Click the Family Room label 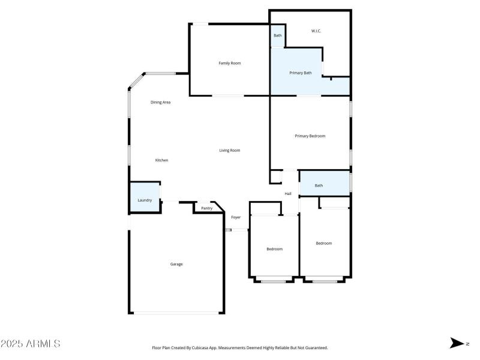[x=229, y=63]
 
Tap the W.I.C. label [x=316, y=31]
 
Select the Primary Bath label [x=301, y=73]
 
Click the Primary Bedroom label [x=310, y=136]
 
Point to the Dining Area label [x=160, y=103]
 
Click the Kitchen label [x=161, y=160]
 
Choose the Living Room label [x=229, y=151]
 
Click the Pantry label [x=206, y=208]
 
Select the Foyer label [x=236, y=217]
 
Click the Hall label [x=288, y=194]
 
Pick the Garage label [x=176, y=264]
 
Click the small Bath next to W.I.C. [x=278, y=36]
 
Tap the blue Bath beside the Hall [x=319, y=185]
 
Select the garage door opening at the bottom [x=176, y=313]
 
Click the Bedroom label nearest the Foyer [x=274, y=249]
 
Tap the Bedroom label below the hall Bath [x=324, y=243]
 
